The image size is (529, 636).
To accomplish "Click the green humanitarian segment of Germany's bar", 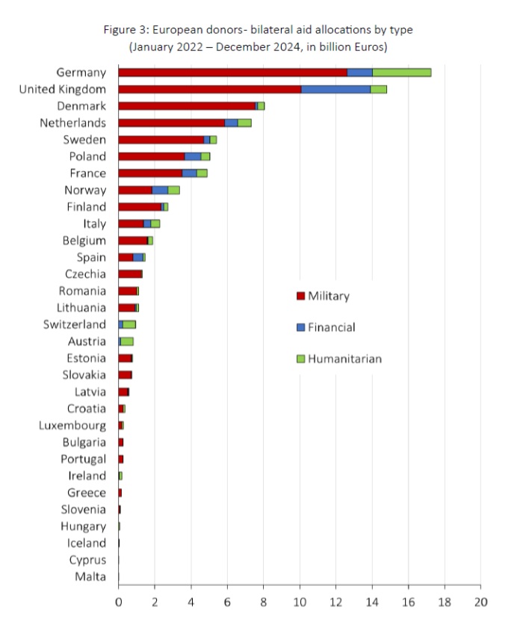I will (x=401, y=72).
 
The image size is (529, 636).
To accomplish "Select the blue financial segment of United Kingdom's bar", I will (x=335, y=89).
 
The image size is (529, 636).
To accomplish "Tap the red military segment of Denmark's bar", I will (x=186, y=106).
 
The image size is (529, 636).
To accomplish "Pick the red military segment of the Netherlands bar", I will (x=171, y=123).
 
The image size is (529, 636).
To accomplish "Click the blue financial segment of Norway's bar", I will (x=160, y=190).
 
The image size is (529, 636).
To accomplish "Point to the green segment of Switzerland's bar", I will (x=129, y=324).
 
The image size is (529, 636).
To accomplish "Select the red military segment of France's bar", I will (x=150, y=173).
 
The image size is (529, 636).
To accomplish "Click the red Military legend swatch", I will (x=300, y=296).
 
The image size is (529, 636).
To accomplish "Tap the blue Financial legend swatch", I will (x=300, y=327).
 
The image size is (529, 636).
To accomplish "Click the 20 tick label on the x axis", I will (x=481, y=602).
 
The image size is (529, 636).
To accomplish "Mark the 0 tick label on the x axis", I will (x=118, y=602).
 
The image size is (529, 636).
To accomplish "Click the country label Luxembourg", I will (x=72, y=425).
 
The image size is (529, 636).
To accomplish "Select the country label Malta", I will (x=90, y=576).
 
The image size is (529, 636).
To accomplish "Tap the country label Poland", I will (x=88, y=156).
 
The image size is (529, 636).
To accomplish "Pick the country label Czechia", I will (x=86, y=274).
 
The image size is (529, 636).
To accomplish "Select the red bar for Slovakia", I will (x=125, y=375).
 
